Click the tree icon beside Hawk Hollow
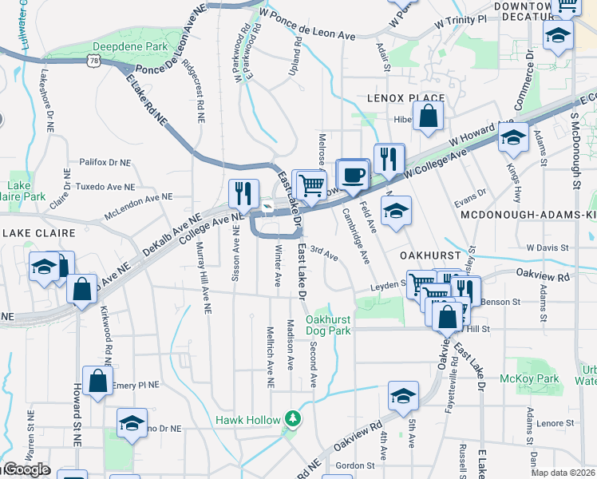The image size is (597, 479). (x=293, y=418)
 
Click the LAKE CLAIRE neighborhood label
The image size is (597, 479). (x=39, y=233)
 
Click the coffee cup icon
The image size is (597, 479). (x=351, y=175)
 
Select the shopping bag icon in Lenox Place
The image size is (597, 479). (x=429, y=117)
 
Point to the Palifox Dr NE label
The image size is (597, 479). (x=105, y=162)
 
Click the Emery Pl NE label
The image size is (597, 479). (x=136, y=385)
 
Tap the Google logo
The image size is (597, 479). (x=26, y=469)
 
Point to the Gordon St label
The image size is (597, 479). (x=355, y=465)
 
